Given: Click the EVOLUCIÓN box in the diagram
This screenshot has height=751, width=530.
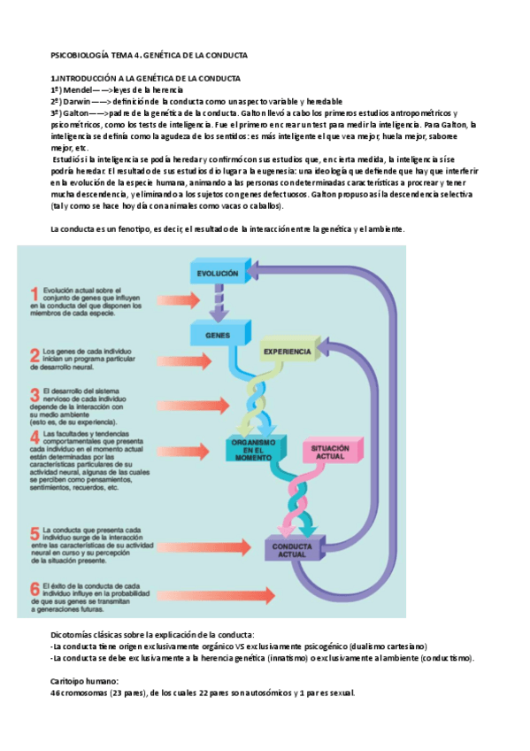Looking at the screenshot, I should click(217, 275).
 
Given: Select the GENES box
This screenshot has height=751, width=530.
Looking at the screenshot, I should click(217, 336).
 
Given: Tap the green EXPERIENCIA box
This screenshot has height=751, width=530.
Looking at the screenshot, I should click(286, 352).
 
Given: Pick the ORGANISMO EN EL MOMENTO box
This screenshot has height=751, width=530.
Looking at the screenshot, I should click(253, 448).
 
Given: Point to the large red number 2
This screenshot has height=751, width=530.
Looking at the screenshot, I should click(35, 356).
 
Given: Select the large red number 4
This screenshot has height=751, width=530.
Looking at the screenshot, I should click(35, 437).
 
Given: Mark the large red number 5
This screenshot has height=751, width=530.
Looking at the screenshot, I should click(35, 534).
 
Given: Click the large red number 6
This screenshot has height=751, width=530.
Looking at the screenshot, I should click(35, 588).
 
